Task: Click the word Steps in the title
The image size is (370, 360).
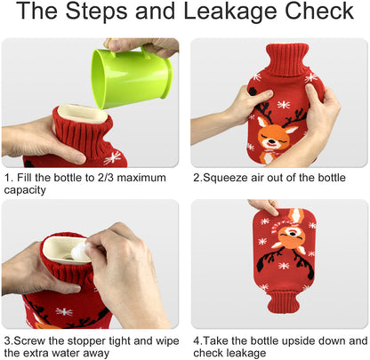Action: pyautogui.click(x=96, y=12)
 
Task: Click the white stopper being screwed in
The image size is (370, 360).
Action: pyautogui.click(x=79, y=252)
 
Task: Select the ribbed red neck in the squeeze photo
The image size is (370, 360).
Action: pyautogui.click(x=286, y=60)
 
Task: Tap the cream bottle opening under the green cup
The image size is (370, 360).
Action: pyautogui.click(x=82, y=114)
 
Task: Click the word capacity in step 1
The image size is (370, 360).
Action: pyautogui.click(x=25, y=190)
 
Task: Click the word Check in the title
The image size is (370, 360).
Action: pyautogui.click(x=319, y=12)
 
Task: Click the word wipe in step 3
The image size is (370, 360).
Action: pyautogui.click(x=167, y=341)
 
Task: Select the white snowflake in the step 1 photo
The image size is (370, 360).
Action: pyautogui.click(x=113, y=158)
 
